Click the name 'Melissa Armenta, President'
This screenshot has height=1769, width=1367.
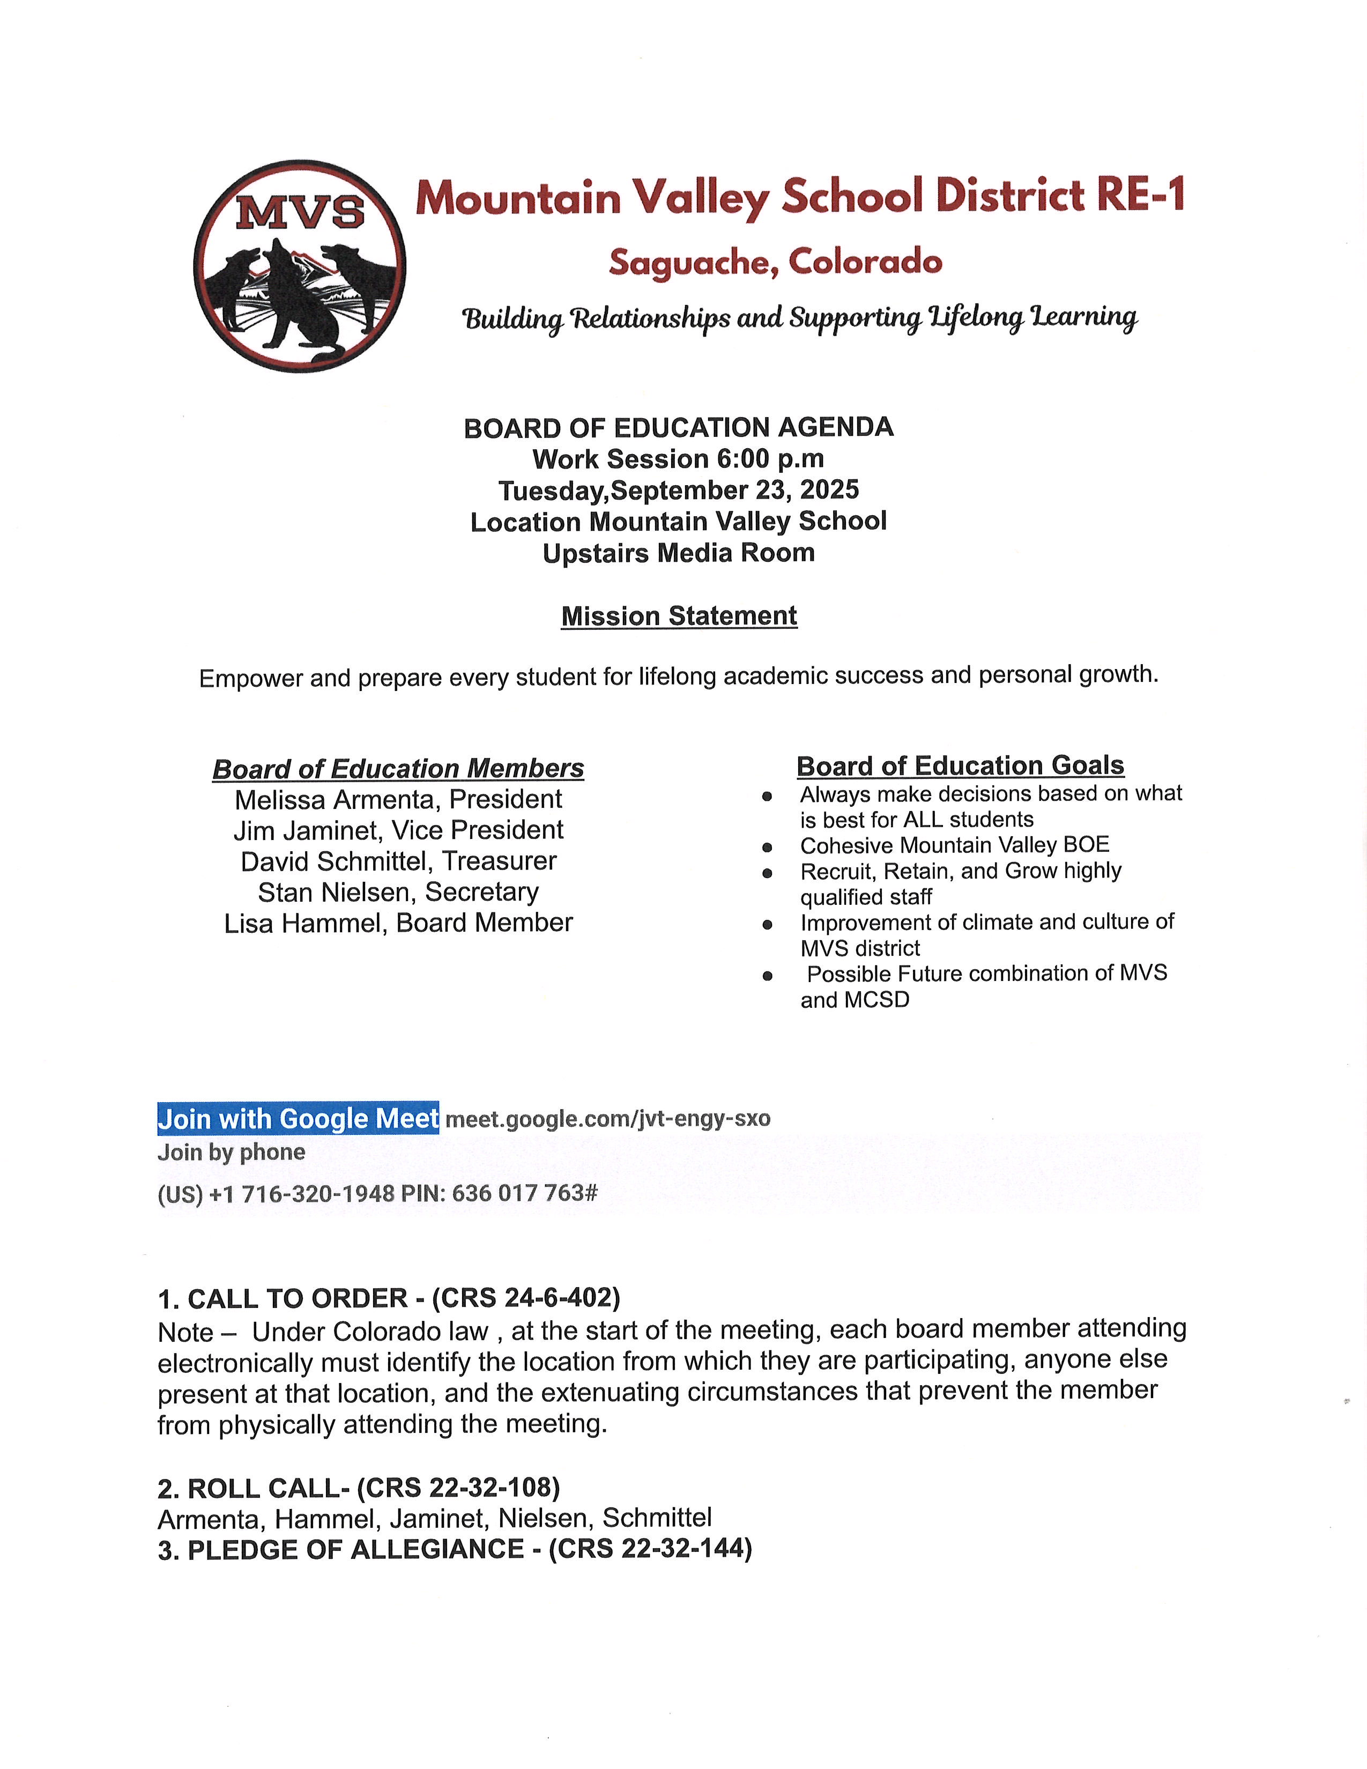(398, 799)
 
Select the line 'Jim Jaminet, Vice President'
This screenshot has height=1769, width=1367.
(398, 830)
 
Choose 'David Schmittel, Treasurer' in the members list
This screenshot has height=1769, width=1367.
(398, 861)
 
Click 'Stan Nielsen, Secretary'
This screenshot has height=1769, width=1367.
(398, 892)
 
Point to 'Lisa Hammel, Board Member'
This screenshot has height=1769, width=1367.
(398, 923)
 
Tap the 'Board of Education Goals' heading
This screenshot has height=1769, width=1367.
(961, 765)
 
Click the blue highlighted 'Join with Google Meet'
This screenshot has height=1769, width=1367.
(298, 1119)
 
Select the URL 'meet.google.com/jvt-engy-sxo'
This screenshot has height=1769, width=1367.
(607, 1119)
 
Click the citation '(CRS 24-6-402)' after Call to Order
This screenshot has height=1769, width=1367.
(526, 1298)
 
